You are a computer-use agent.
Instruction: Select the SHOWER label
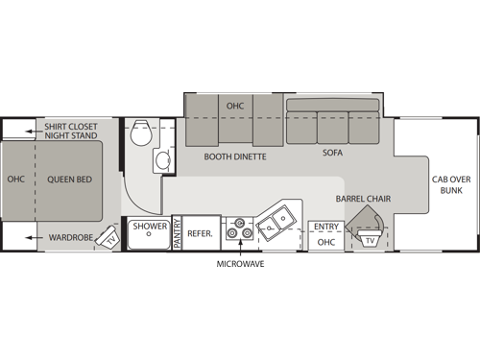[x=151, y=228]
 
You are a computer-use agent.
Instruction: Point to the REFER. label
[x=200, y=232]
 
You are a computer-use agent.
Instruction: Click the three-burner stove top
[x=237, y=230]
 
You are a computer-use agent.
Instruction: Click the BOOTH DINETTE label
[x=234, y=155]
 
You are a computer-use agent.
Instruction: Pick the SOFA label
[x=332, y=152]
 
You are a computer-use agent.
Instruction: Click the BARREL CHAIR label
[x=363, y=199]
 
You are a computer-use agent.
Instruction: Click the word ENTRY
[x=325, y=227]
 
